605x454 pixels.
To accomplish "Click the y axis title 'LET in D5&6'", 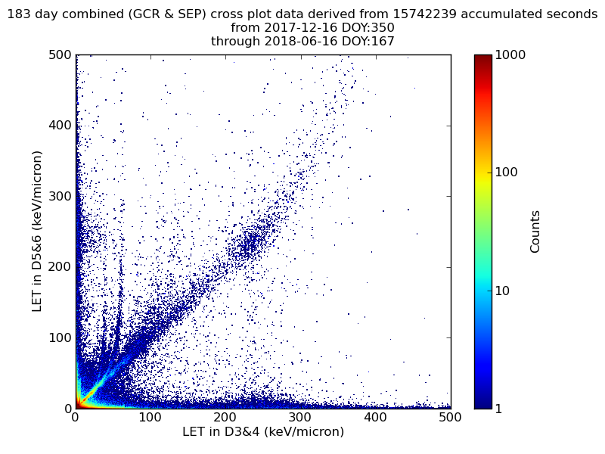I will (x=36, y=231).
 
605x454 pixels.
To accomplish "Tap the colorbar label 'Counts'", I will (x=535, y=232).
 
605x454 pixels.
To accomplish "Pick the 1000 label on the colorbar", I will (x=512, y=55).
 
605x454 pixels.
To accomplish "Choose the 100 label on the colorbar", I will (x=508, y=173).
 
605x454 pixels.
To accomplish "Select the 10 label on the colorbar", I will (x=505, y=291).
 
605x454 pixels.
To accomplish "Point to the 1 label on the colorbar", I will (x=501, y=409).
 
